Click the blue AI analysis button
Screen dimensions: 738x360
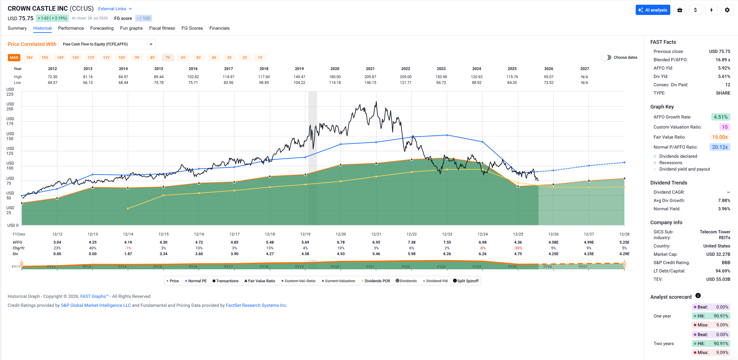pos(653,10)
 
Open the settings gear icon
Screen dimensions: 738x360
pos(727,10)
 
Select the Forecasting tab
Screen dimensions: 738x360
pos(102,28)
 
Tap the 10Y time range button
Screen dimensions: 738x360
pos(122,58)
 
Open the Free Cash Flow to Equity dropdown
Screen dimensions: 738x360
pos(107,44)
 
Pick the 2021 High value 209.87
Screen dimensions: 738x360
pos(370,77)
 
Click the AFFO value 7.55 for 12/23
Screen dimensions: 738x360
pos(447,242)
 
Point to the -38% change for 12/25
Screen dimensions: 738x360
pos(518,248)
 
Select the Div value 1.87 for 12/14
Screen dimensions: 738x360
pos(128,254)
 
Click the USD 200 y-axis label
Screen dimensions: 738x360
pos(10,107)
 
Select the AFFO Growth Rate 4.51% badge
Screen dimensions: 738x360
pos(720,117)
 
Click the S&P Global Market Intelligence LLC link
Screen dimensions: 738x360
pos(96,305)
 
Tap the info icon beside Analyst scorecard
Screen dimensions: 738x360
pos(698,296)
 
